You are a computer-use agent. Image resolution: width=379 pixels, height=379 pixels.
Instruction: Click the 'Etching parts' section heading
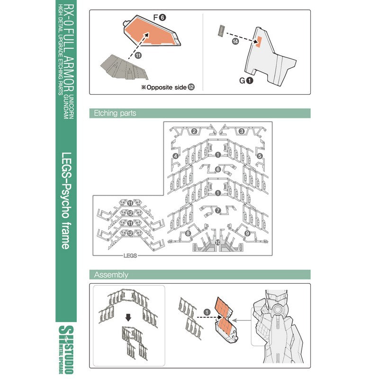coord(115,113)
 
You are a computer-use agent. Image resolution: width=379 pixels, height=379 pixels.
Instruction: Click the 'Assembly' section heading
coord(111,275)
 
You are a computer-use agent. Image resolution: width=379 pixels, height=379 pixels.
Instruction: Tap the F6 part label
coord(160,18)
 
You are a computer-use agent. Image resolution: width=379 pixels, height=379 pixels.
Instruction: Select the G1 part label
coord(246,80)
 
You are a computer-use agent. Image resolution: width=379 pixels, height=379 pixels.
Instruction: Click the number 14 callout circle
coord(235,41)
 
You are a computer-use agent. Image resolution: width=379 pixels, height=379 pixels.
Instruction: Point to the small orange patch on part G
coord(259,41)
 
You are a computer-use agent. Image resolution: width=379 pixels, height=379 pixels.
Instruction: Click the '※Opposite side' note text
coord(164,87)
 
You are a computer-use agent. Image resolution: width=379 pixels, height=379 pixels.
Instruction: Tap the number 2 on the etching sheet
coord(194,131)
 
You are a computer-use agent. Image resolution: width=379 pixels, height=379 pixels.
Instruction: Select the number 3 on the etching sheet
coord(242,131)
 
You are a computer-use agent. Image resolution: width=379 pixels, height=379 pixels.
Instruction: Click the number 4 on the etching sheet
coord(175,156)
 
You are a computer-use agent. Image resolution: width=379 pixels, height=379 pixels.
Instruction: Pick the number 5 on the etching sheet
coord(260,156)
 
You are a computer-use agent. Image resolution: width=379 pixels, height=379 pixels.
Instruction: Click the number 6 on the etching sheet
coord(218,170)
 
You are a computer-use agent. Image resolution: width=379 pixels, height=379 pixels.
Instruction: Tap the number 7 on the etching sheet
coord(218,210)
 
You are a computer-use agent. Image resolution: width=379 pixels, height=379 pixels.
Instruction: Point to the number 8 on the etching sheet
coord(188,233)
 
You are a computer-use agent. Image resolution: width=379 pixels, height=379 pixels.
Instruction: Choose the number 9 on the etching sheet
coord(247,233)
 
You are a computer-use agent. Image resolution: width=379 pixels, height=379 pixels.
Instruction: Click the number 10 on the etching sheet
coord(218,242)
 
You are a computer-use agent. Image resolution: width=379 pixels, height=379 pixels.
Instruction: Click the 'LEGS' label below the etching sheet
coord(130,255)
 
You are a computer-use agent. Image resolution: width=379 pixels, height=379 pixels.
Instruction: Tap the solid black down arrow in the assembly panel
coord(128,317)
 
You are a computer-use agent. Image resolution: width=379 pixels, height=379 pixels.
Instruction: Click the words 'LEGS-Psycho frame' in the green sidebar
coord(66,200)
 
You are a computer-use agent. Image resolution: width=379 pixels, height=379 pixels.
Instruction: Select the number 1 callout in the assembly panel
coord(207,312)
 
